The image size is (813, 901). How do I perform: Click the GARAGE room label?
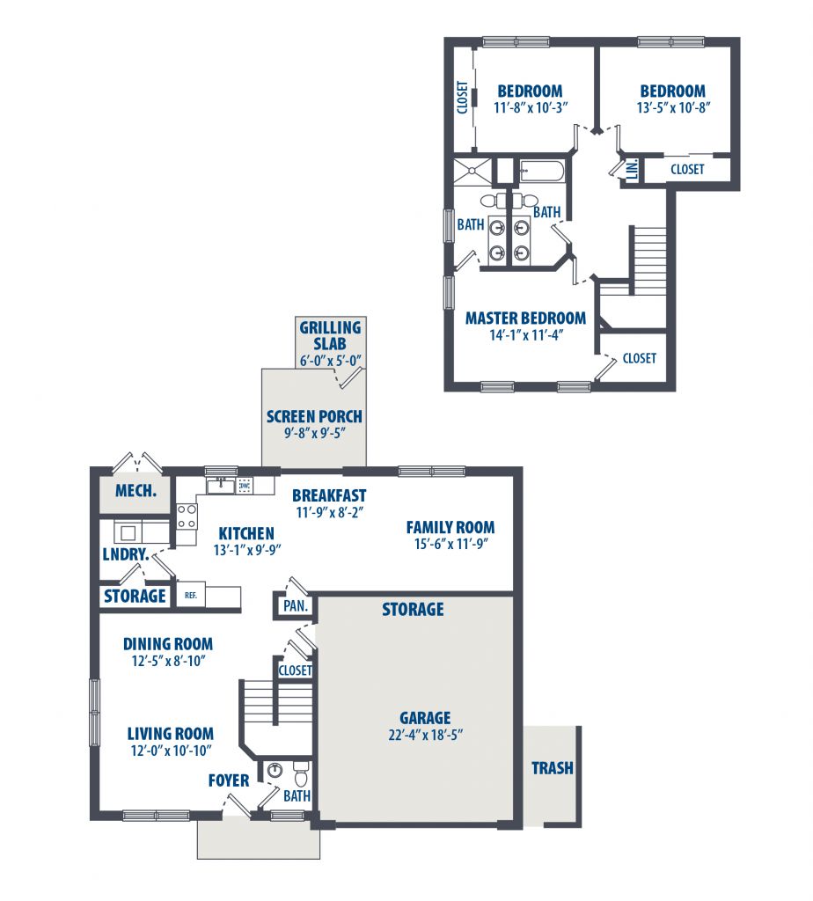pyautogui.click(x=425, y=718)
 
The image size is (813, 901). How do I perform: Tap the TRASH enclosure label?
pyautogui.click(x=553, y=768)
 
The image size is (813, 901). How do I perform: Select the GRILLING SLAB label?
pyautogui.click(x=330, y=335)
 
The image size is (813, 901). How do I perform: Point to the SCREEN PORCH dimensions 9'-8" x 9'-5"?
pyautogui.click(x=315, y=433)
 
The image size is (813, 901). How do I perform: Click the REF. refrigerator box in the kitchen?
pyautogui.click(x=191, y=596)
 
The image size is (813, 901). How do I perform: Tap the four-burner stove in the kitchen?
pyautogui.click(x=187, y=516)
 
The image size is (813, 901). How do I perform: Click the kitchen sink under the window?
pyautogui.click(x=221, y=486)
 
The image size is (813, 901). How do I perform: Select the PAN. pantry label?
pyautogui.click(x=296, y=605)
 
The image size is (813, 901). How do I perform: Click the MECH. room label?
pyautogui.click(x=136, y=491)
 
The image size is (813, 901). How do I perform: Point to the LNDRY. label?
pyautogui.click(x=126, y=554)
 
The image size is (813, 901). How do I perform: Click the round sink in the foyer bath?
pyautogui.click(x=275, y=770)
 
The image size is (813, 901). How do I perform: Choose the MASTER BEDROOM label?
pyautogui.click(x=525, y=319)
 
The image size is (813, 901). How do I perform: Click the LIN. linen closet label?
pyautogui.click(x=632, y=169)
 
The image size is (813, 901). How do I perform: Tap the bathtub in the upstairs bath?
pyautogui.click(x=541, y=172)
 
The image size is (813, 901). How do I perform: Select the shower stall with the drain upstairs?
pyautogui.click(x=472, y=171)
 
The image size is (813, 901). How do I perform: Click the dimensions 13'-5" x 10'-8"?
pyautogui.click(x=673, y=107)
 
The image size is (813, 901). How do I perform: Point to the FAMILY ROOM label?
pyautogui.click(x=450, y=527)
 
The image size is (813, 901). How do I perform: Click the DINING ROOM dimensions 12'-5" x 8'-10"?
pyautogui.click(x=168, y=661)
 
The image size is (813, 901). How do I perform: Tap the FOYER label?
pyautogui.click(x=229, y=780)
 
